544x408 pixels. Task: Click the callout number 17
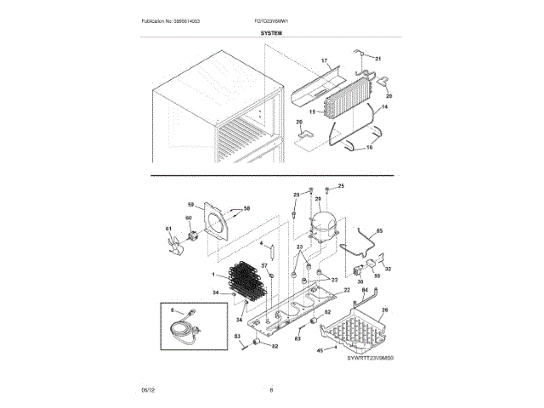(x=323, y=61)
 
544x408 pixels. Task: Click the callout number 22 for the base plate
(x=346, y=291)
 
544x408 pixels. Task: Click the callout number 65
(x=379, y=231)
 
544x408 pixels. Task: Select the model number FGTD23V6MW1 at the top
(x=271, y=20)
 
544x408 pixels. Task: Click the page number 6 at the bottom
(x=271, y=389)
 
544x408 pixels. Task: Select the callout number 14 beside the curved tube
(x=383, y=107)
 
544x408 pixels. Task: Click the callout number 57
(x=263, y=265)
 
